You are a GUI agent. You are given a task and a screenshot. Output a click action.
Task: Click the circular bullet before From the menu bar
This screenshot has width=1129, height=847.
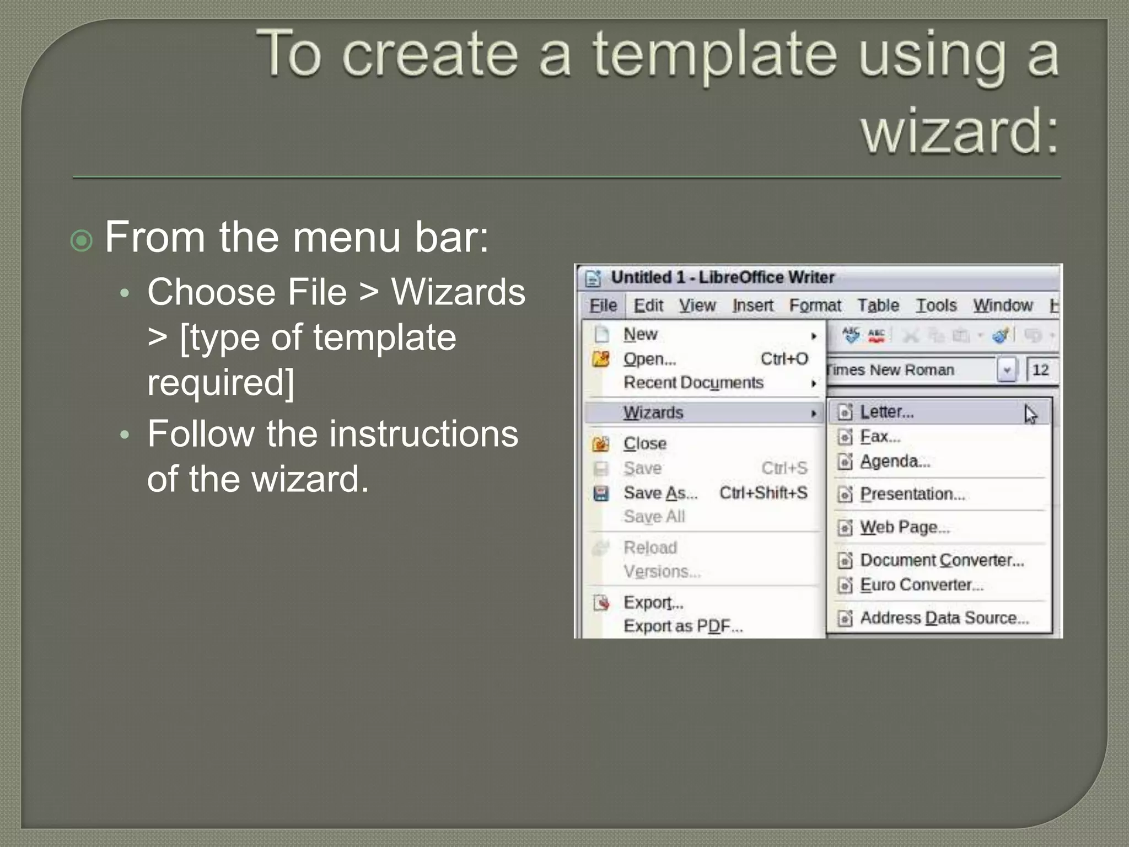pos(82,240)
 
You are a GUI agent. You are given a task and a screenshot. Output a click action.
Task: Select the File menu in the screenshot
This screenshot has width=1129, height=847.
pos(603,305)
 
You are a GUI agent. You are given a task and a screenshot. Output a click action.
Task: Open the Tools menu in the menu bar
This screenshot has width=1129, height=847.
pos(936,305)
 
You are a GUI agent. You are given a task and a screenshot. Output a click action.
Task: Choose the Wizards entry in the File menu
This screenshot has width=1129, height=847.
pos(653,412)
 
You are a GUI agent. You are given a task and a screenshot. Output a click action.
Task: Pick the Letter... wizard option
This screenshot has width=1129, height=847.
pos(886,412)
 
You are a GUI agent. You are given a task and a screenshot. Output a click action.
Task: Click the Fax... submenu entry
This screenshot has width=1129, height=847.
pos(880,437)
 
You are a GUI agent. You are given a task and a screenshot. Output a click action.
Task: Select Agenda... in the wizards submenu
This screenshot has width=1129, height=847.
pos(895,461)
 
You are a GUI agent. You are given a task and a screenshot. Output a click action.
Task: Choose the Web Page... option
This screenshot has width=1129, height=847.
pos(905,527)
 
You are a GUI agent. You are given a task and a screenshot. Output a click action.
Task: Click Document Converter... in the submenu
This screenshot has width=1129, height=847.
pos(942,560)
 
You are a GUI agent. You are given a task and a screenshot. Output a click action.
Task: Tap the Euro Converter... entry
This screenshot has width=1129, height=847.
pos(921,585)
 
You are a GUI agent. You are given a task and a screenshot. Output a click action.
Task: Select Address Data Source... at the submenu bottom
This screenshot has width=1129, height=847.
pos(944,618)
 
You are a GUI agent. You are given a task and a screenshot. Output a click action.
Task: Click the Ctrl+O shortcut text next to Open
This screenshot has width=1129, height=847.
pos(784,359)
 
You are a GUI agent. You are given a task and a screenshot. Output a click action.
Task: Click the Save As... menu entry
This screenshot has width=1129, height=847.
pos(660,493)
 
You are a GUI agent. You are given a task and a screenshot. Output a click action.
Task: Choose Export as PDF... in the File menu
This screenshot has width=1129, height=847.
pos(682,626)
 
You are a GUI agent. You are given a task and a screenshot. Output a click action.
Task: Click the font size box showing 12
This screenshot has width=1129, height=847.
pos(1040,370)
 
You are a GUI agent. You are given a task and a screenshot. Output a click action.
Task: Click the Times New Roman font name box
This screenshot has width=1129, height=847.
pos(910,370)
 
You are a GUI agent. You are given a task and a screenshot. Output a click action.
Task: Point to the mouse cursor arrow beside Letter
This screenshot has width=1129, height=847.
pos(1030,414)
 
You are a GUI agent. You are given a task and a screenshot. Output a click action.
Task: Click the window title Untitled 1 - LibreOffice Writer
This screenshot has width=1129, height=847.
pos(722,277)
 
